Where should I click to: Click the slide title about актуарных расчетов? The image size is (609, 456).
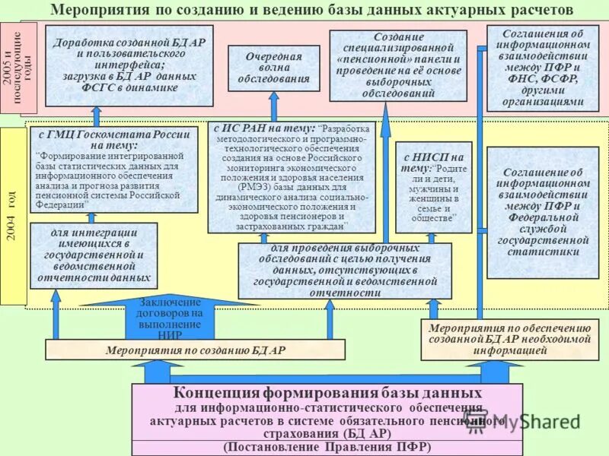pos(311,11)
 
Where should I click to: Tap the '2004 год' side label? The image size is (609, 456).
pos(11,213)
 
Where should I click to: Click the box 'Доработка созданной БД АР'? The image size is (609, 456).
pos(118,65)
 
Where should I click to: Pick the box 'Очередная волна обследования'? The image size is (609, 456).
pos(273,67)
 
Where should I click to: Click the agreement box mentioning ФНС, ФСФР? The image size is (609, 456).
pos(543,68)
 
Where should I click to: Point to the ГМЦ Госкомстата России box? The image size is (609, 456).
pos(114,169)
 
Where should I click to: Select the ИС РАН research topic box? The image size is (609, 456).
pos(292,176)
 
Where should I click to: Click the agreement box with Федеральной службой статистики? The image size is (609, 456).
pos(543,213)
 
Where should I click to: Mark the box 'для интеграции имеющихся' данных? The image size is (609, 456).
pos(94,255)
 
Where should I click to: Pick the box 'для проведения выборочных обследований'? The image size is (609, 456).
pos(344,271)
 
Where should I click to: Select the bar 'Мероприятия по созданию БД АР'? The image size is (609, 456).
pos(195,350)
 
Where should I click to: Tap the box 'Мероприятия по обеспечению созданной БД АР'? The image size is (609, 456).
pos(509,339)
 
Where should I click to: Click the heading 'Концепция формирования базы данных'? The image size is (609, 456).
pos(327,393)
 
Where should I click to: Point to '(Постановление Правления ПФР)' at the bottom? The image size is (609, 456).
pos(327,447)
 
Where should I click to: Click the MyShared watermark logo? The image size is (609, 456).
pos(544,420)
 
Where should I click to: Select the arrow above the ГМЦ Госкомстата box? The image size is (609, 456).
pos(97,116)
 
